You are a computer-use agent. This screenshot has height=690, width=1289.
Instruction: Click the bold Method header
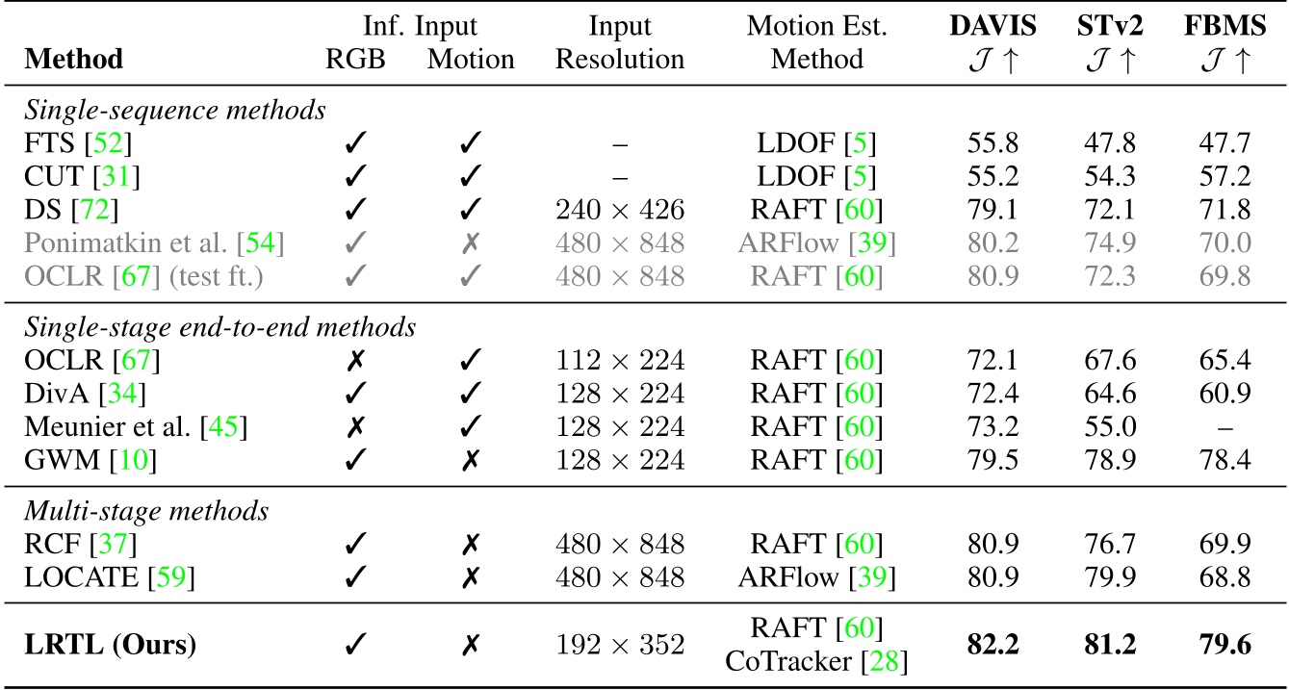point(74,60)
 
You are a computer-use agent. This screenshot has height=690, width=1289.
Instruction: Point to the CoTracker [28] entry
point(816,661)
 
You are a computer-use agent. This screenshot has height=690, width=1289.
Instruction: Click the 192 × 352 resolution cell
point(620,644)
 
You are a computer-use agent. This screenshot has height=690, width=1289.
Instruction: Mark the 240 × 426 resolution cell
point(620,210)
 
